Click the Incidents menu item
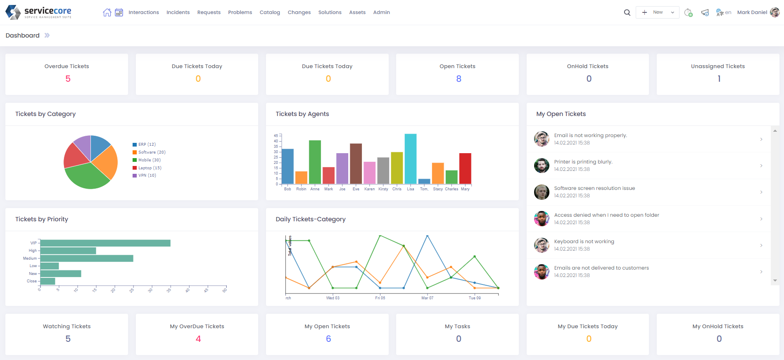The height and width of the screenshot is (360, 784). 178,12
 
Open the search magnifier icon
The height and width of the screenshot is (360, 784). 627,12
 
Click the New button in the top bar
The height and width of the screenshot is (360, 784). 657,12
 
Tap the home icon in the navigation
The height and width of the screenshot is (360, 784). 107,12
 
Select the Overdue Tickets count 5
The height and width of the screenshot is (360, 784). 68,79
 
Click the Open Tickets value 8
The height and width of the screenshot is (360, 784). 459,79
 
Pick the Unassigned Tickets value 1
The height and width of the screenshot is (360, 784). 719,79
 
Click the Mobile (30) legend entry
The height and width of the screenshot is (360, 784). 149,160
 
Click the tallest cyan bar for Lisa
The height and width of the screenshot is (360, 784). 411,159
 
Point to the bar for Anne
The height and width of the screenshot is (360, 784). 315,162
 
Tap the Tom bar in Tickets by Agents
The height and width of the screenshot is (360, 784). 424,181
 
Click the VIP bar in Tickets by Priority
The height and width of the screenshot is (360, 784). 105,243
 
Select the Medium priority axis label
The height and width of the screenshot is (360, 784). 30,258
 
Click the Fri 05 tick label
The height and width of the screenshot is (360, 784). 380,298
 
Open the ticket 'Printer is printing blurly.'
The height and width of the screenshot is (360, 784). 583,162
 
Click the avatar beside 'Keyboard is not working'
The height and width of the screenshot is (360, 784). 542,245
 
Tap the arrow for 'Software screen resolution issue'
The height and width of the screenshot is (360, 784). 761,192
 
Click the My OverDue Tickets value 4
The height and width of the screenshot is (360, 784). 198,339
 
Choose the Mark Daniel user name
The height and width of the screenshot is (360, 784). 752,12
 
